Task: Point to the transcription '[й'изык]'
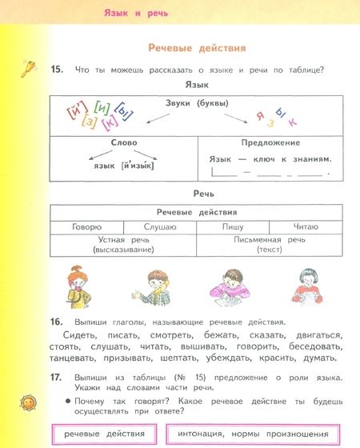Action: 137,166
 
